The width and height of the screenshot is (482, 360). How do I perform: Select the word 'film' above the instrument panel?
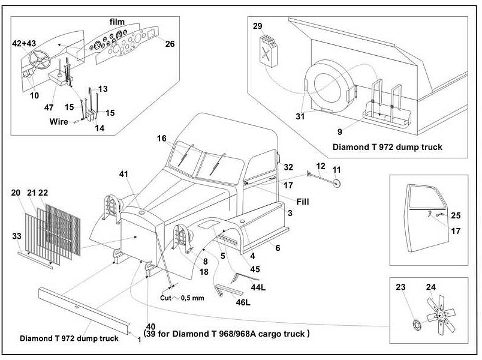117,22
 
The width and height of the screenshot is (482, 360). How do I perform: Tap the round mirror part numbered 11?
336,183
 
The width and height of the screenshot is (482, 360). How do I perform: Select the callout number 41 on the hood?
124,174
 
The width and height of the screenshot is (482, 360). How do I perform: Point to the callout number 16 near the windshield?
162,139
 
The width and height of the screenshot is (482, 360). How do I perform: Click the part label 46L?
243,302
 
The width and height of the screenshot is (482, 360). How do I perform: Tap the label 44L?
259,287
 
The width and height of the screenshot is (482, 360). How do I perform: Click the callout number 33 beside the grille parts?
17,236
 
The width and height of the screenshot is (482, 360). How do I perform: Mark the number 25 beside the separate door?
456,215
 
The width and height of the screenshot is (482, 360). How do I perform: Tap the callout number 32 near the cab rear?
289,167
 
